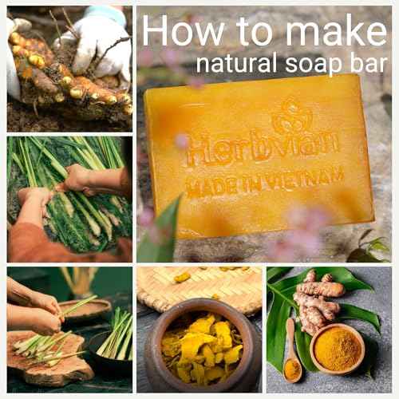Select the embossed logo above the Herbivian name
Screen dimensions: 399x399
pos(291,117)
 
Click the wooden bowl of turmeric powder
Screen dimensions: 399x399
pos(336,347)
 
